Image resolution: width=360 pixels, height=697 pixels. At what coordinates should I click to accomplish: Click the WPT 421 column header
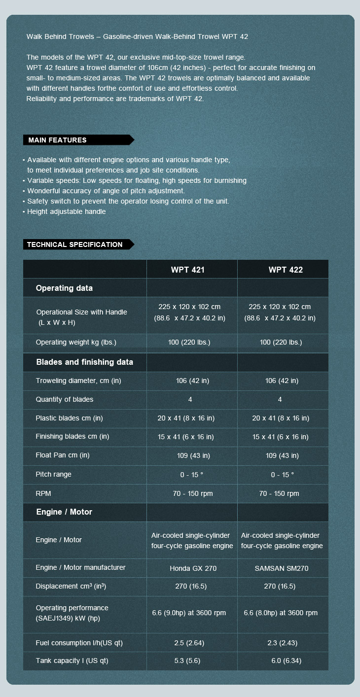pos(187,270)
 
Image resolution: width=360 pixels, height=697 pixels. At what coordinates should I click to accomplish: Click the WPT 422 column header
pos(286,270)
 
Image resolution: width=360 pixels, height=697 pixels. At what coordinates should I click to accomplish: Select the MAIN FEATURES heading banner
pos(58,140)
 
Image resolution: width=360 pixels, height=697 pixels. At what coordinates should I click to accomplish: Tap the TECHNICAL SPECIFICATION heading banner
pos(74,244)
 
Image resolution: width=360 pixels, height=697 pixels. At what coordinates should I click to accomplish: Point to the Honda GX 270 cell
pos(193,568)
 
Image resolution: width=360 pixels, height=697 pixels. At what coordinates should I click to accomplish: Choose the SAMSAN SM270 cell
pos(282,568)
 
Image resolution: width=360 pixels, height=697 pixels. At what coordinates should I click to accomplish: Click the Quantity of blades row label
pos(64,399)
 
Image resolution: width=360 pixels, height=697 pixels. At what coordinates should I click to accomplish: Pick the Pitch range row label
pos(53,474)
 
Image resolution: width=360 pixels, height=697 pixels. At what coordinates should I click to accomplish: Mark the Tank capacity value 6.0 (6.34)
pos(286,661)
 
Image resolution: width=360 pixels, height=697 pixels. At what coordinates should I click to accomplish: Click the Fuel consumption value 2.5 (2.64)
pos(189,643)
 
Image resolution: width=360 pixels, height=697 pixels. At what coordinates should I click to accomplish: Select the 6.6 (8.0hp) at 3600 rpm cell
pos(281,613)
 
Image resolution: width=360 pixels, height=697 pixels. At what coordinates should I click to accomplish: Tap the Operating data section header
pos(64,288)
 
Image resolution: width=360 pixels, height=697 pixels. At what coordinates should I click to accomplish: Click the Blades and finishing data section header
pos(84,362)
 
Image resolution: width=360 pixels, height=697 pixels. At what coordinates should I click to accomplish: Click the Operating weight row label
pos(76,342)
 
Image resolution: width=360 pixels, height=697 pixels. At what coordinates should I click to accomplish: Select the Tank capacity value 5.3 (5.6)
pos(187,661)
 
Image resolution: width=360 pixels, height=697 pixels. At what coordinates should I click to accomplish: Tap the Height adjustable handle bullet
pos(66,211)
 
